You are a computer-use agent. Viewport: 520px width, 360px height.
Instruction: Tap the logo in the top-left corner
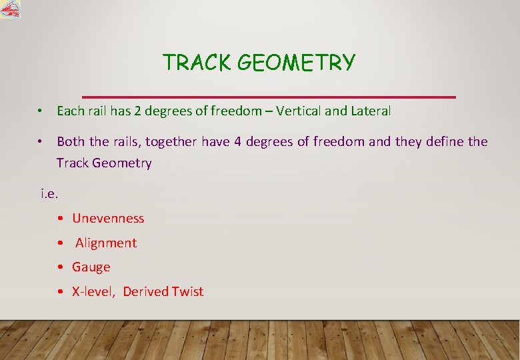(10, 9)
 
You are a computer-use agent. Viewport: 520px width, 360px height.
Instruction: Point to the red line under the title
(268, 97)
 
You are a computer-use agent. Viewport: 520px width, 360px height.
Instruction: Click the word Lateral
(369, 111)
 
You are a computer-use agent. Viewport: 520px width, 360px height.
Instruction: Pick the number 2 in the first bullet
(137, 111)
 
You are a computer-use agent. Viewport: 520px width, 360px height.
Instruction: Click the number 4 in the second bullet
(238, 141)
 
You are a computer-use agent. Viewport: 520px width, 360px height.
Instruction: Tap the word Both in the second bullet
(71, 141)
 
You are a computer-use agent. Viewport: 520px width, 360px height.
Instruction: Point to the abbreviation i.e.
(49, 194)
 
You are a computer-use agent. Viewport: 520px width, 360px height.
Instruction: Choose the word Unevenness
(108, 218)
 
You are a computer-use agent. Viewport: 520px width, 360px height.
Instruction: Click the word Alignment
(106, 243)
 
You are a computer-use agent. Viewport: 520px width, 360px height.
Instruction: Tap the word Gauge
(91, 267)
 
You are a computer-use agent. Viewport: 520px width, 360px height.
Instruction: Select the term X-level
(94, 291)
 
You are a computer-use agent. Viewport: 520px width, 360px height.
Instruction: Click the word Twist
(187, 291)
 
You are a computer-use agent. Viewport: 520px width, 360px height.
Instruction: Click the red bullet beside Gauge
(61, 267)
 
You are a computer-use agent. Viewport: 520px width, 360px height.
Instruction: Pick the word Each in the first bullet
(69, 111)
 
